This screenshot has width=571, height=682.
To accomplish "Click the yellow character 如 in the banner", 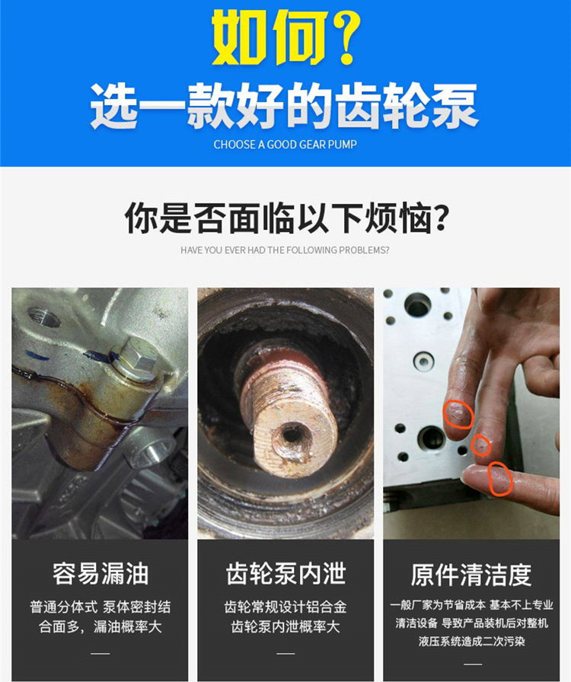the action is (238, 37).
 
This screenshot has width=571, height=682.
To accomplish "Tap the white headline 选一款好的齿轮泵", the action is (285, 107).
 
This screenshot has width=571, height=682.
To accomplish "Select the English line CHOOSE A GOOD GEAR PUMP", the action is (285, 145).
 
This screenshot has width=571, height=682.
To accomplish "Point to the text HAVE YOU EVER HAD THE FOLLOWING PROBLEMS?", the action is (285, 250).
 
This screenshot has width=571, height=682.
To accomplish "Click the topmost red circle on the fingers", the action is (458, 414).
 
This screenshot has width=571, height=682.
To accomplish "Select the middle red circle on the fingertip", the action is (481, 445).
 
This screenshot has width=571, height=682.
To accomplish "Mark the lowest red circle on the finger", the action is (500, 479).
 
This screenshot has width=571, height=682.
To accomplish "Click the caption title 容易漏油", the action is (100, 573).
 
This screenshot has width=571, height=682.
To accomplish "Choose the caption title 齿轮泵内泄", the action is (285, 573).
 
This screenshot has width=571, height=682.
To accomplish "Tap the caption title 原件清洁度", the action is (471, 574).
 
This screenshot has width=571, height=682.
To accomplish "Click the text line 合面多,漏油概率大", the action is (100, 626).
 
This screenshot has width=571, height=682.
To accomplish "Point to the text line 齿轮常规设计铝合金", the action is (285, 607).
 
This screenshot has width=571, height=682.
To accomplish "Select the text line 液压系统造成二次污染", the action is (472, 641).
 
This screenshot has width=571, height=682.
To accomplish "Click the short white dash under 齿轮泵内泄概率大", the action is (285, 653).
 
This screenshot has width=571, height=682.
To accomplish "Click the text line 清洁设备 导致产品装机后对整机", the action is (472, 623).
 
